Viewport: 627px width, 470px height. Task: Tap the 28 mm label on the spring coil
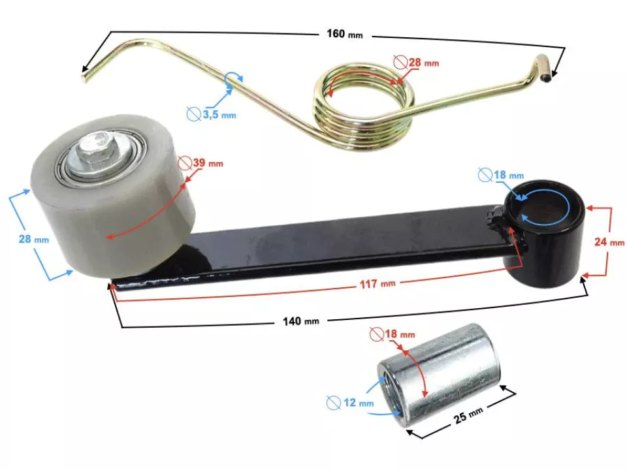tap(423, 63)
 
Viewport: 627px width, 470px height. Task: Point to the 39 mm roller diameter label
tap(207, 163)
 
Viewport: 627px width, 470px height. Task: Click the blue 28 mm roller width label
tap(33, 240)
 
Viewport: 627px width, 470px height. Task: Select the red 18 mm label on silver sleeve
tap(398, 334)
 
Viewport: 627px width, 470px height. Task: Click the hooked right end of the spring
tap(542, 70)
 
